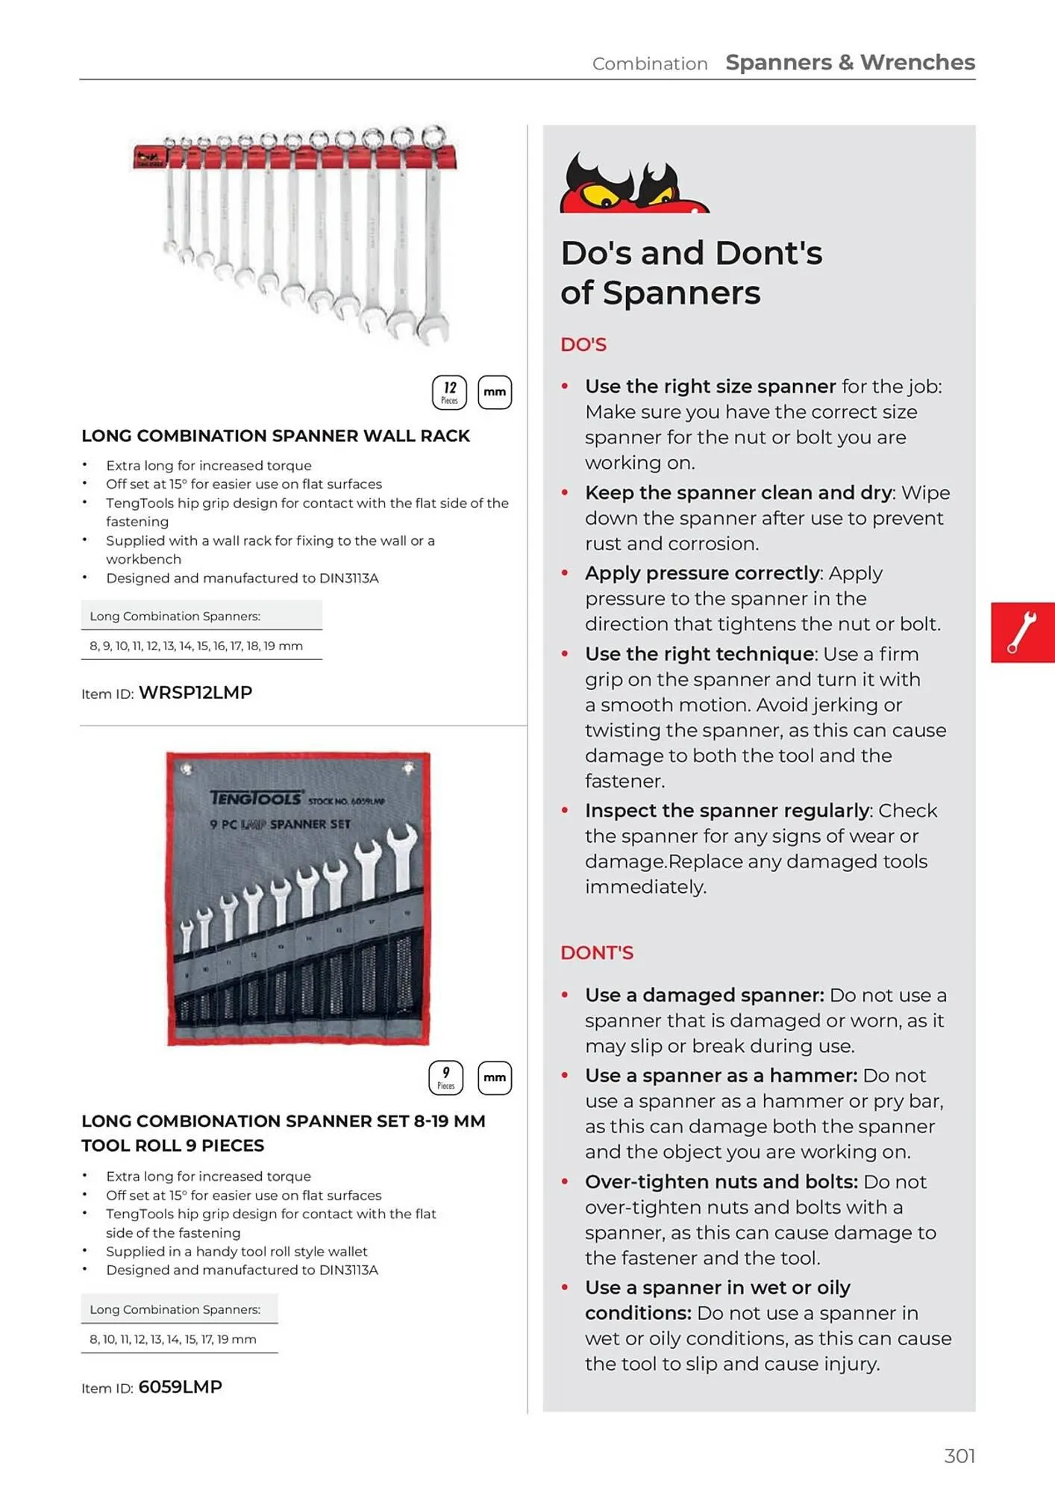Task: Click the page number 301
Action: (x=959, y=1456)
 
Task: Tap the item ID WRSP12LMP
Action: (x=195, y=693)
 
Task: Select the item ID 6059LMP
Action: (x=181, y=1387)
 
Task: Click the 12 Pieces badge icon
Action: (x=449, y=393)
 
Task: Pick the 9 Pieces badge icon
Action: (x=446, y=1077)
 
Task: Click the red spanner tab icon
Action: (x=1022, y=632)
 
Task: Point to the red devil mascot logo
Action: (x=633, y=184)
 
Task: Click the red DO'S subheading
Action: (x=583, y=345)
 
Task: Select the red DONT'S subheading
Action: (x=597, y=953)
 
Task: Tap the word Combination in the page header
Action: (x=650, y=64)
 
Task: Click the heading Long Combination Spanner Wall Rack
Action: (x=275, y=436)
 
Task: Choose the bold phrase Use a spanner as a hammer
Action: (x=721, y=1076)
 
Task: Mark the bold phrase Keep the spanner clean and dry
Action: (x=739, y=493)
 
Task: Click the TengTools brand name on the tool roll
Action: (x=256, y=798)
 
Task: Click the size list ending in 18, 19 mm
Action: (x=196, y=646)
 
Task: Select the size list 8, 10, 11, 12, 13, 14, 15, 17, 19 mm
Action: (x=173, y=1339)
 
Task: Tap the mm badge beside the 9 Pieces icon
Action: (x=495, y=1077)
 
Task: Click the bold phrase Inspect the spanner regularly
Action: (x=727, y=811)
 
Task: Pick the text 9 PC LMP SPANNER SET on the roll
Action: (x=280, y=824)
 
